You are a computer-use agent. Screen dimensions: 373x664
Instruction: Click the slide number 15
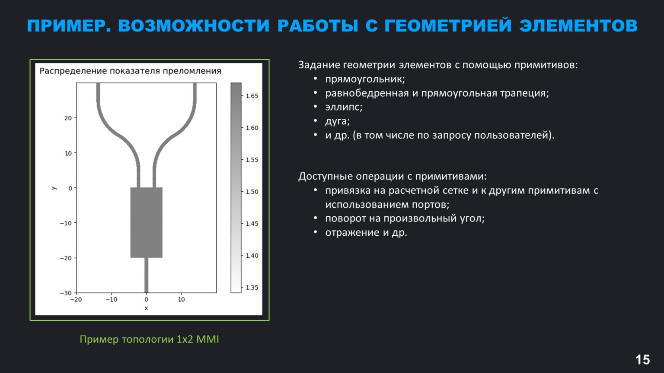pyautogui.click(x=642, y=359)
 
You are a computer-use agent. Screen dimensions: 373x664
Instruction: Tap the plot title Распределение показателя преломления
pyautogui.click(x=130, y=71)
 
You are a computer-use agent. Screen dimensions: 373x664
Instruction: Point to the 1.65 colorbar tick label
pyautogui.click(x=252, y=96)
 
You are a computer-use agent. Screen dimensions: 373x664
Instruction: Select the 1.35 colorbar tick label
pyautogui.click(x=252, y=288)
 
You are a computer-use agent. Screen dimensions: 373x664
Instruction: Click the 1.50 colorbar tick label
pyautogui.click(x=252, y=192)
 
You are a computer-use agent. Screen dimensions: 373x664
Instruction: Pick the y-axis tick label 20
pyautogui.click(x=68, y=118)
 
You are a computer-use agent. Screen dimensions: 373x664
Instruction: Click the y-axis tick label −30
pyautogui.click(x=66, y=293)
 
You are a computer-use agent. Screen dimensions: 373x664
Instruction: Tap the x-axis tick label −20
pyautogui.click(x=76, y=299)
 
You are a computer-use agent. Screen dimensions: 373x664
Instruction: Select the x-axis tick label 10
pyautogui.click(x=181, y=299)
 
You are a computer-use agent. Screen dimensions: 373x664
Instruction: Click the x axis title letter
pyautogui.click(x=146, y=308)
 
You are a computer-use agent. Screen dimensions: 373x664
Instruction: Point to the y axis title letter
pyautogui.click(x=54, y=188)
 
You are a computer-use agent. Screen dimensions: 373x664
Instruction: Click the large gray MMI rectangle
pyautogui.click(x=146, y=222)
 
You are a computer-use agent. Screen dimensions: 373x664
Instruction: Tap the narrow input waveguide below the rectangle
pyautogui.click(x=146, y=275)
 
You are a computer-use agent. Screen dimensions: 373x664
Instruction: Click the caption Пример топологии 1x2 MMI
pyautogui.click(x=149, y=339)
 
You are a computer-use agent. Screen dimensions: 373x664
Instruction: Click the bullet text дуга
pyautogui.click(x=337, y=121)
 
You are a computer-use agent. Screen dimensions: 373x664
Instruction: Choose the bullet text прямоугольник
pyautogui.click(x=365, y=79)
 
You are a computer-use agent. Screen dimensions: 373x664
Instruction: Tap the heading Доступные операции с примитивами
pyautogui.click(x=392, y=176)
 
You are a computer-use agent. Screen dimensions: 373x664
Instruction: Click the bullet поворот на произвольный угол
pyautogui.click(x=405, y=218)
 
